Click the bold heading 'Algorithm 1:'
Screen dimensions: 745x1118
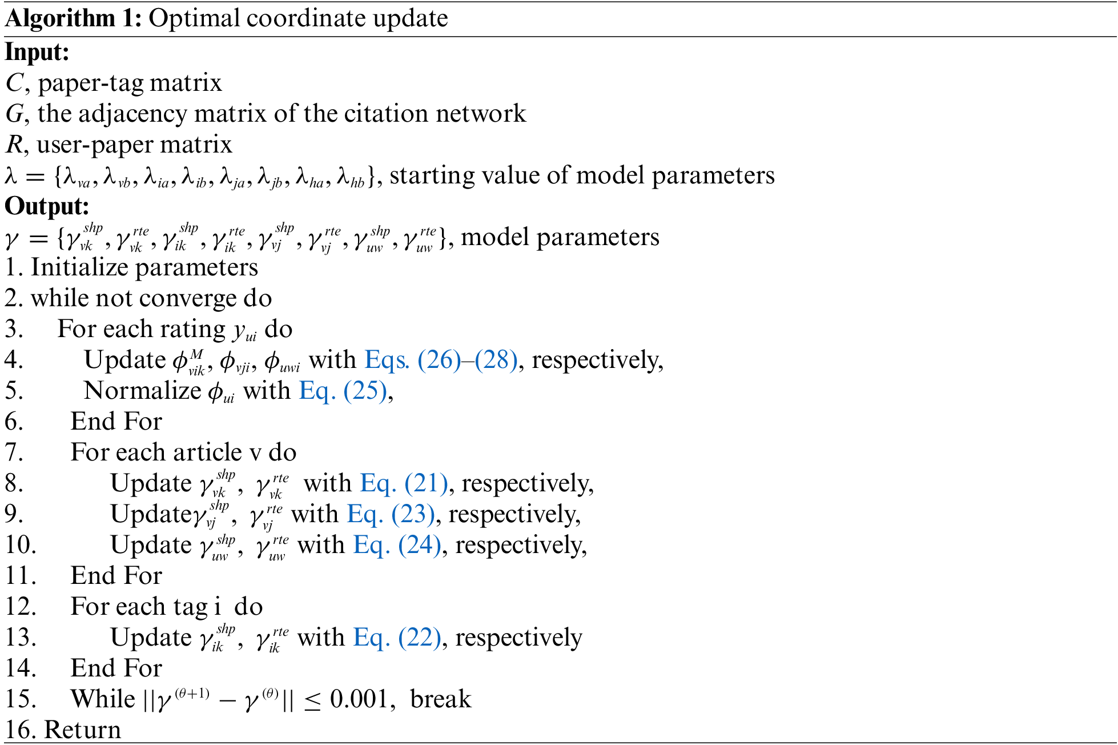pyautogui.click(x=73, y=18)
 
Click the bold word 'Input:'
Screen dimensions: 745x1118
pyautogui.click(x=37, y=52)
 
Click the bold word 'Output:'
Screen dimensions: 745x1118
pyautogui.click(x=47, y=206)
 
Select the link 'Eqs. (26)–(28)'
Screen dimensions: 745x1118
pyautogui.click(x=441, y=360)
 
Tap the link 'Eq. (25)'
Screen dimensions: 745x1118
pyautogui.click(x=343, y=391)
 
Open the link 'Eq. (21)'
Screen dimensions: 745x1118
pyautogui.click(x=404, y=483)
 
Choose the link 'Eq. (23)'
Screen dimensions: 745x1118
pyautogui.click(x=391, y=514)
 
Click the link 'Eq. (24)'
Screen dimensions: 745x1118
pyautogui.click(x=397, y=545)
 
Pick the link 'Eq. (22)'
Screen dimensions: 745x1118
pyautogui.click(x=397, y=638)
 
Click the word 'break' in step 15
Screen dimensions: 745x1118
pyautogui.click(x=440, y=699)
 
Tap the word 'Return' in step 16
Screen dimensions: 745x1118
pyautogui.click(x=83, y=730)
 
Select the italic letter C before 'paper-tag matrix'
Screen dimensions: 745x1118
pyautogui.click(x=14, y=83)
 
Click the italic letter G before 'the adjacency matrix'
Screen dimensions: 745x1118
pyautogui.click(x=14, y=114)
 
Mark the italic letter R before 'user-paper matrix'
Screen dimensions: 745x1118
pyautogui.click(x=14, y=145)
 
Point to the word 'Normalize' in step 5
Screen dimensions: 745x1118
pyautogui.click(x=142, y=391)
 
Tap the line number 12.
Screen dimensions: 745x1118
pyautogui.click(x=21, y=607)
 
